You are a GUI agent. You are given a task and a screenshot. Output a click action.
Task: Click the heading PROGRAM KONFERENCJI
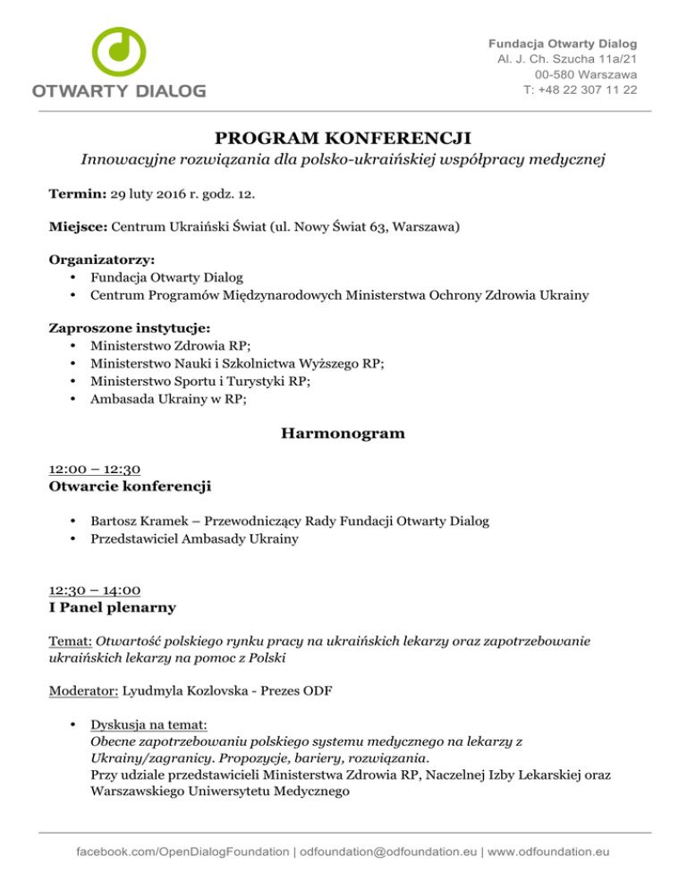point(343,137)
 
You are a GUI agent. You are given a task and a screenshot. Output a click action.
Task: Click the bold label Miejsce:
point(79,227)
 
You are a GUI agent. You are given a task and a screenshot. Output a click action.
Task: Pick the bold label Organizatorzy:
point(97,261)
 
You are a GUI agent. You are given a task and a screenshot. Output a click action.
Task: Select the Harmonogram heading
point(343,434)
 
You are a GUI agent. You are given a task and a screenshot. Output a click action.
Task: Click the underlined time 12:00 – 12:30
point(92,469)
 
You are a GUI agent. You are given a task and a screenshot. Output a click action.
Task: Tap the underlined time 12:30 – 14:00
point(92,591)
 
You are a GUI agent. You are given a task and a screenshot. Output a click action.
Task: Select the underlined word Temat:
point(70,642)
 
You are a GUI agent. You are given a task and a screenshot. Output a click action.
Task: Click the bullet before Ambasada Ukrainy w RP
point(71,401)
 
